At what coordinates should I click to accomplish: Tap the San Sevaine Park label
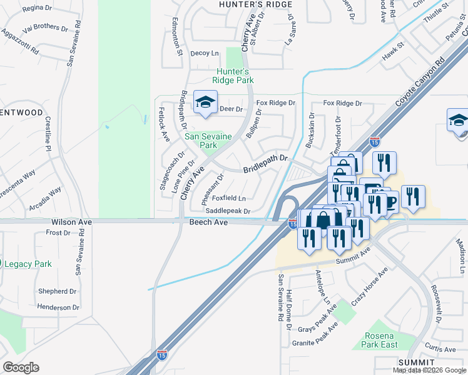[x=208, y=141]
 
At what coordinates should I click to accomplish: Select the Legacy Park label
[x=28, y=264]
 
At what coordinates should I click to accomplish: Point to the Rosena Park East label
[x=380, y=340]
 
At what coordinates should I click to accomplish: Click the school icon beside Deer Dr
[x=205, y=104]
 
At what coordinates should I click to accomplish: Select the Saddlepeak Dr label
[x=228, y=211]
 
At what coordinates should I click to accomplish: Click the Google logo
[x=21, y=367]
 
